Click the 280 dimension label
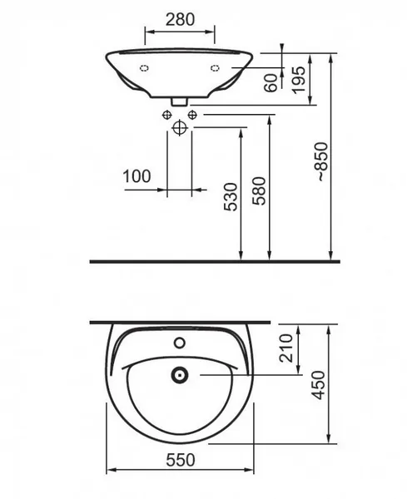tap(180, 19)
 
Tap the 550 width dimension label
tap(181, 460)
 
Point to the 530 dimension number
tap(231, 196)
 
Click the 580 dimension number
tap(259, 191)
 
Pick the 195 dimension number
tap(299, 80)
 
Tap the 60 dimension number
tap(271, 82)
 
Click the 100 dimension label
tap(136, 176)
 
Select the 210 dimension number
tap(285, 348)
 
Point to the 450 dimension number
tap(319, 385)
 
